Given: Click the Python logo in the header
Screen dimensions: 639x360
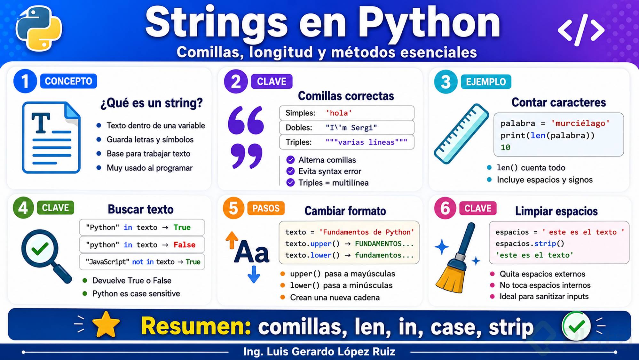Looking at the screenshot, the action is pyautogui.click(x=39, y=29).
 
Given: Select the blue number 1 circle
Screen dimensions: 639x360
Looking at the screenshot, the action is pyautogui.click(x=25, y=81).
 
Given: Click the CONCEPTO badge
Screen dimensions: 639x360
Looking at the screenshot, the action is pyautogui.click(x=68, y=81).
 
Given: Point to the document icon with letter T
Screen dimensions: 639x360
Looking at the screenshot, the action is pyautogui.click(x=51, y=138).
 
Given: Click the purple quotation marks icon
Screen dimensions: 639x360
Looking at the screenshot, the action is pyautogui.click(x=246, y=138).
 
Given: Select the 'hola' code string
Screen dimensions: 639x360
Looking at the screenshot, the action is pyautogui.click(x=339, y=113).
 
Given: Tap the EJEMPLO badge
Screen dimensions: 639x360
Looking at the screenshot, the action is pyautogui.click(x=486, y=82).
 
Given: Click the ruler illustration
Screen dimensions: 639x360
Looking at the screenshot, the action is pyautogui.click(x=461, y=134).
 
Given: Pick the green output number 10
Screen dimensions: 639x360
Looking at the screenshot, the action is pyautogui.click(x=505, y=148).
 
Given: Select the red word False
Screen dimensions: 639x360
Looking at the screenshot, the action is pyautogui.click(x=185, y=245).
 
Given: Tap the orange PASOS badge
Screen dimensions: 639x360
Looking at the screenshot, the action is pyautogui.click(x=266, y=208).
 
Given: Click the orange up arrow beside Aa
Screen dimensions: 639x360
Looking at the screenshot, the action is pyautogui.click(x=232, y=240).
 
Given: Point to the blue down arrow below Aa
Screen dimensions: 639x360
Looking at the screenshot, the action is pyautogui.click(x=254, y=275).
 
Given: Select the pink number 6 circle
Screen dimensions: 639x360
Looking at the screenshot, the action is pyautogui.click(x=445, y=208).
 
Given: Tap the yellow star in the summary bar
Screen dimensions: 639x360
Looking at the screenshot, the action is pyautogui.click(x=106, y=325).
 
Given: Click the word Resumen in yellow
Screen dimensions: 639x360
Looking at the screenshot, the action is pyautogui.click(x=196, y=326).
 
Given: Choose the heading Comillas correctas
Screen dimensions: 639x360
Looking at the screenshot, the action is pyautogui.click(x=346, y=96).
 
